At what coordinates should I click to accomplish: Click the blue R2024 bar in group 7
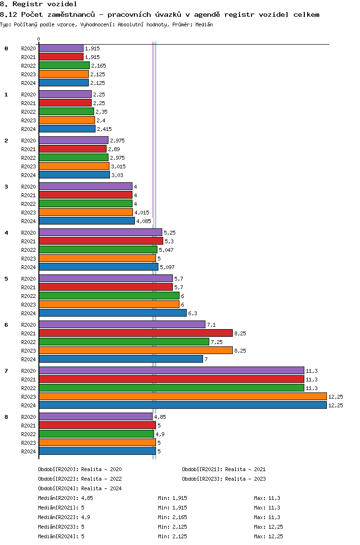coord(183,405)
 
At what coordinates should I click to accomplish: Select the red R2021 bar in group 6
coord(136,333)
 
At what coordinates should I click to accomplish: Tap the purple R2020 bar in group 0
coord(61,48)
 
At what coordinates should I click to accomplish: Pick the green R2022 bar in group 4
coord(98,250)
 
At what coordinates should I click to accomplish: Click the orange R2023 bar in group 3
coord(86,213)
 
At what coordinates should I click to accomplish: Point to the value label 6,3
coord(192,313)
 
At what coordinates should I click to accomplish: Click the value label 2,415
coord(104,130)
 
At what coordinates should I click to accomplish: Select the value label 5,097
coord(168,267)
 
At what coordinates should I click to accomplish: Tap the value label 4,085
coord(144,222)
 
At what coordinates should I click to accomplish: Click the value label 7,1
coord(212,325)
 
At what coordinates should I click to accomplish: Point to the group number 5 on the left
coord(6,279)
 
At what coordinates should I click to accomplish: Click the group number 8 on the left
coord(6,417)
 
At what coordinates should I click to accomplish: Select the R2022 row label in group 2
coord(28,158)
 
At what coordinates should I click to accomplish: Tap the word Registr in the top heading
coord(27,4)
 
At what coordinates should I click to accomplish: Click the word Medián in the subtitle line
coord(204,24)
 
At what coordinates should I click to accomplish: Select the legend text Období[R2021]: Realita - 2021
coord(224,469)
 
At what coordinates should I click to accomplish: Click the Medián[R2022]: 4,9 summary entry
coord(64,517)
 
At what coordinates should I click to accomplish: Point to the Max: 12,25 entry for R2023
coord(268,527)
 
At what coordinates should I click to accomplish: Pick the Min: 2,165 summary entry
coord(172,517)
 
